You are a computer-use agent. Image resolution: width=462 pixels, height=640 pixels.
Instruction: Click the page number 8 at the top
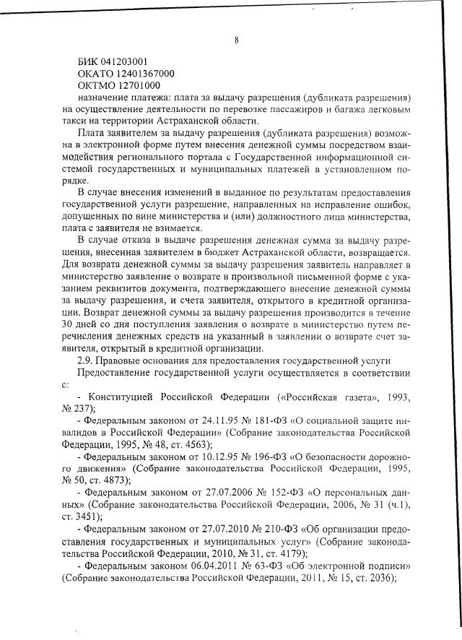pyautogui.click(x=236, y=40)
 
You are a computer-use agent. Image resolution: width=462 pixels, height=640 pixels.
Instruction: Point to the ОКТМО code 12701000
pyautogui.click(x=134, y=86)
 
